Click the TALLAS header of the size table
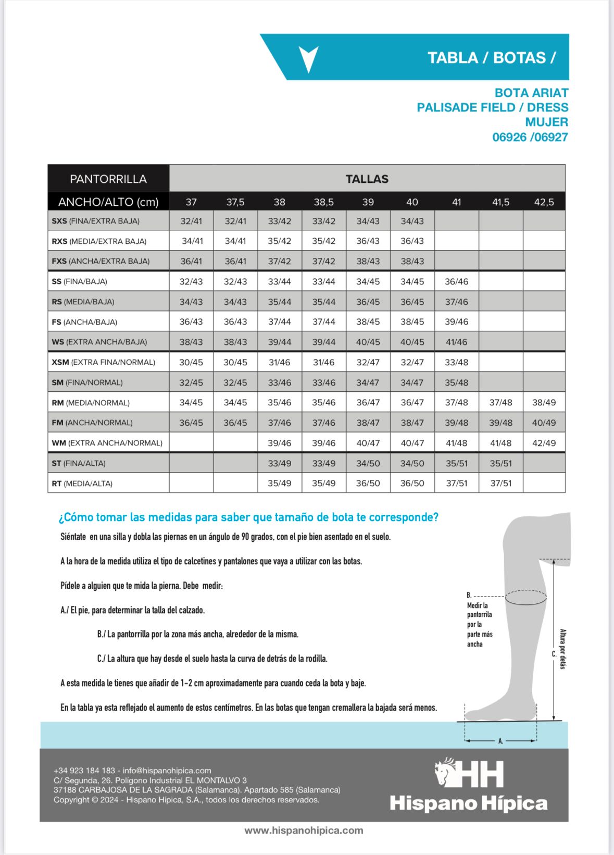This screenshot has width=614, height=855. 367,179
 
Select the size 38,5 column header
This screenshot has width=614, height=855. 323,202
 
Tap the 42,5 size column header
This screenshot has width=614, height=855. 544,202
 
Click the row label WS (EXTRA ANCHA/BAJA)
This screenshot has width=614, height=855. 99,342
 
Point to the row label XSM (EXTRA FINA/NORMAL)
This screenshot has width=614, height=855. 104,362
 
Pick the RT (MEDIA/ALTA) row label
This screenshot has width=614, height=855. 82,484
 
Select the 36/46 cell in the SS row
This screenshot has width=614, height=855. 456,281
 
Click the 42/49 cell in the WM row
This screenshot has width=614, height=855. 544,443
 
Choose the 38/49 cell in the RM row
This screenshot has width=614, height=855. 544,402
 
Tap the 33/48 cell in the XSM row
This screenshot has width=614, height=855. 456,362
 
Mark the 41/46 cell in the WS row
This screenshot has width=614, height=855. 456,342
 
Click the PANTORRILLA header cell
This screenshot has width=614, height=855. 108,179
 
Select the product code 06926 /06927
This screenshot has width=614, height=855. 530,137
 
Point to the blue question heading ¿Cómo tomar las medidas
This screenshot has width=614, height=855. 248,517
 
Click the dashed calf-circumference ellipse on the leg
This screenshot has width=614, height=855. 525,598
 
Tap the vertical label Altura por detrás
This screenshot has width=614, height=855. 562,649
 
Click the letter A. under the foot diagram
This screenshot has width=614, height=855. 500,741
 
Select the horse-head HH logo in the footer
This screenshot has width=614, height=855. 469,773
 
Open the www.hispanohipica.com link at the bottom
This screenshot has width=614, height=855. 304,831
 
